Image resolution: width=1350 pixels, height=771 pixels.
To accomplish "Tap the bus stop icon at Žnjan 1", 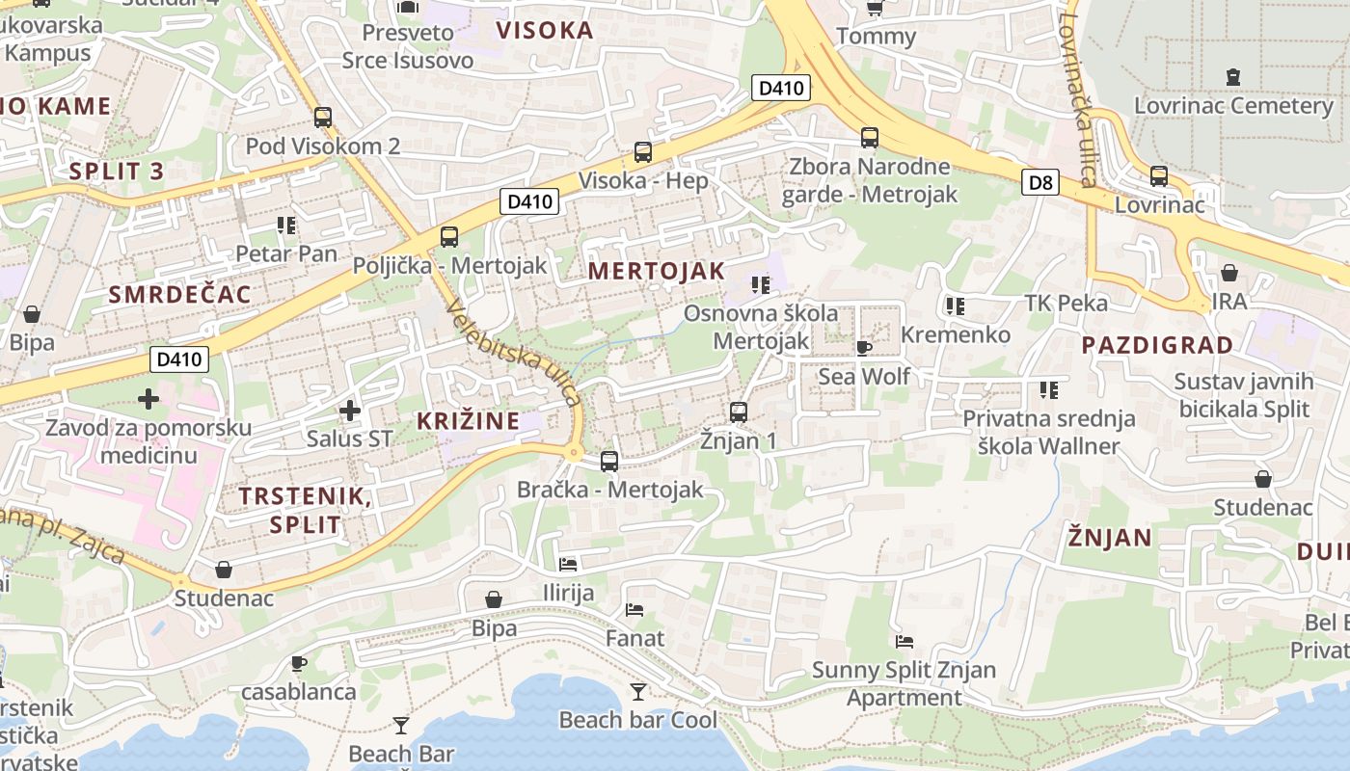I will click(x=739, y=412).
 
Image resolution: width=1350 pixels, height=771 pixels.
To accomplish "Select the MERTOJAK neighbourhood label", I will click(x=656, y=271).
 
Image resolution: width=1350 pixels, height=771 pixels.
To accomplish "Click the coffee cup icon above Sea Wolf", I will click(x=864, y=348).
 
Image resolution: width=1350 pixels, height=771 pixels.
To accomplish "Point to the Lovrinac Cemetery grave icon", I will click(x=1232, y=76).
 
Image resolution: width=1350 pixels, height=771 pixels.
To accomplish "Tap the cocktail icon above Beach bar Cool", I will click(x=637, y=691).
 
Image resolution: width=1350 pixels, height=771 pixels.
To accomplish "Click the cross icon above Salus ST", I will click(x=349, y=411).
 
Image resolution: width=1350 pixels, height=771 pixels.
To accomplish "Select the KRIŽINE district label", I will click(x=468, y=420).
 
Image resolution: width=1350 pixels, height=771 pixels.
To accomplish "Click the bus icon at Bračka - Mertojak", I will click(x=609, y=461).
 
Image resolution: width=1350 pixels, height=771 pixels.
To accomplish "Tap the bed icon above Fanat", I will click(x=634, y=609).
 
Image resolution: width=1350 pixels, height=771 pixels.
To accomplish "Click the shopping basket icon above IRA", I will click(x=1228, y=273).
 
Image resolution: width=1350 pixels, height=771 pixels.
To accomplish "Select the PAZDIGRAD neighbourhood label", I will click(x=1156, y=345).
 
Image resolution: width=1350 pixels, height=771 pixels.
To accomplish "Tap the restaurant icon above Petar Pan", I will click(x=285, y=226).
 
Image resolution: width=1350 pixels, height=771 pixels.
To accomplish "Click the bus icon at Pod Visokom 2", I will click(x=323, y=118).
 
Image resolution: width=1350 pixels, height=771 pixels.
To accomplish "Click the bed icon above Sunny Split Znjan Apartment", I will click(x=904, y=641).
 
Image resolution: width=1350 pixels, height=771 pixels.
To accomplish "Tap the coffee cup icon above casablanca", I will click(x=299, y=663).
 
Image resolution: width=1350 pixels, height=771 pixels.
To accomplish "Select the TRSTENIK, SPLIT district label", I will click(x=304, y=510).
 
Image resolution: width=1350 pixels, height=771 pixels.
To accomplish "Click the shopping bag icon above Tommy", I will click(x=875, y=9).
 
